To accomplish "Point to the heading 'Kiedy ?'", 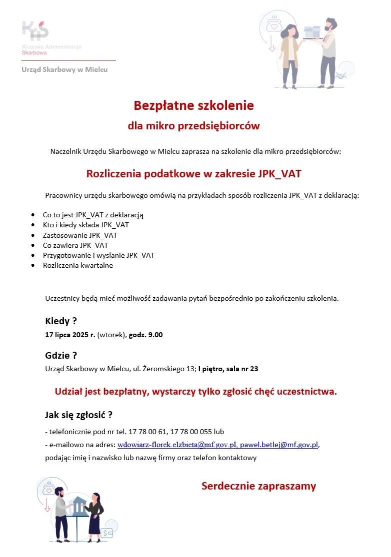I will [61, 321].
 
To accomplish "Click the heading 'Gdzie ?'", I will [61, 356].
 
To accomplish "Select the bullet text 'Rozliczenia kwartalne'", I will [78, 265].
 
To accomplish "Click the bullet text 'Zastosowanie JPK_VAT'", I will [80, 235].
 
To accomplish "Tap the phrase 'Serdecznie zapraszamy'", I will [258, 486].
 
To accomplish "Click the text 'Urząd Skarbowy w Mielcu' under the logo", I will [64, 70].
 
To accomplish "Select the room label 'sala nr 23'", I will [242, 369].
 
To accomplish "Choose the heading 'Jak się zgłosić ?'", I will [78, 415].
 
